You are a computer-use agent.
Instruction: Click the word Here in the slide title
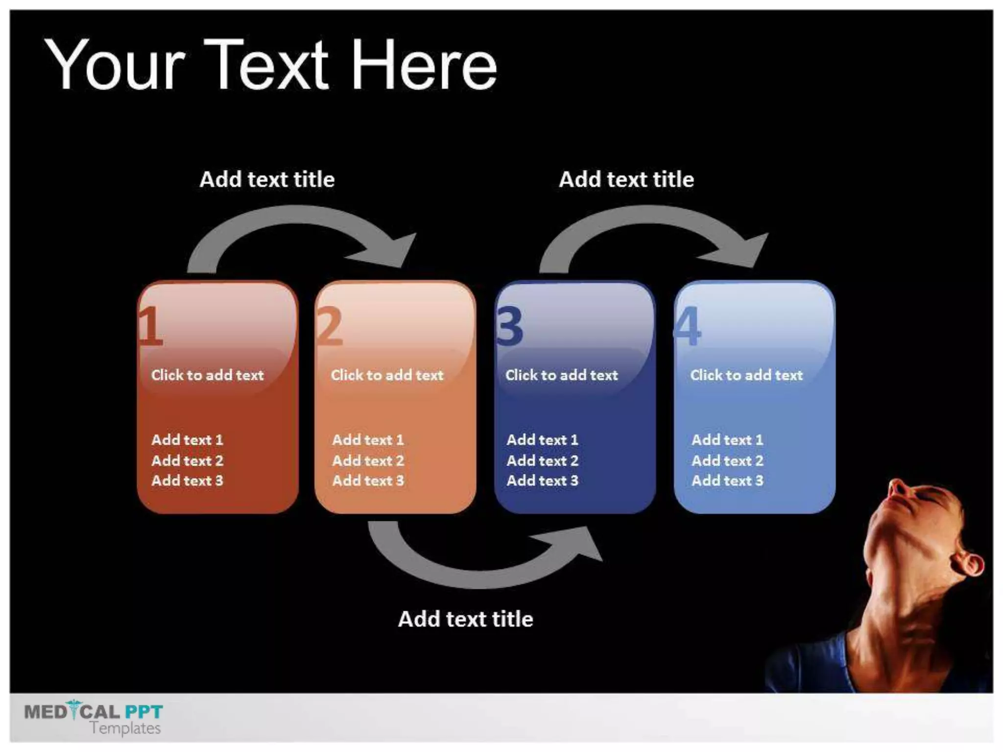tap(424, 66)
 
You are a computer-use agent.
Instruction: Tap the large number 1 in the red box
tap(150, 326)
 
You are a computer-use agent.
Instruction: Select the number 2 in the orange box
tap(330, 326)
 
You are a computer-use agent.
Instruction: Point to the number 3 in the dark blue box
tap(509, 326)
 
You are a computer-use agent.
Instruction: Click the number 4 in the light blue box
tap(688, 326)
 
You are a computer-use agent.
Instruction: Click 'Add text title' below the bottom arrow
tap(465, 619)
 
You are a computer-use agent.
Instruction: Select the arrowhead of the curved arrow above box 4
tap(749, 250)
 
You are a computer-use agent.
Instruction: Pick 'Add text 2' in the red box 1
tap(187, 461)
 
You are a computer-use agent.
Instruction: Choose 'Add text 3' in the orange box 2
tap(368, 481)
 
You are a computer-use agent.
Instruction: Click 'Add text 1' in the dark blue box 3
tap(542, 440)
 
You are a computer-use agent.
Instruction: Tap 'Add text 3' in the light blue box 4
tap(727, 481)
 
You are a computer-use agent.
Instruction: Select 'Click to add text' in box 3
tap(561, 375)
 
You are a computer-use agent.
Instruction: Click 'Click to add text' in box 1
tap(207, 375)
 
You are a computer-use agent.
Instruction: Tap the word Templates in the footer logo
tap(125, 728)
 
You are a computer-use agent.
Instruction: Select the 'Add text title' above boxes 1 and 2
tap(267, 180)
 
